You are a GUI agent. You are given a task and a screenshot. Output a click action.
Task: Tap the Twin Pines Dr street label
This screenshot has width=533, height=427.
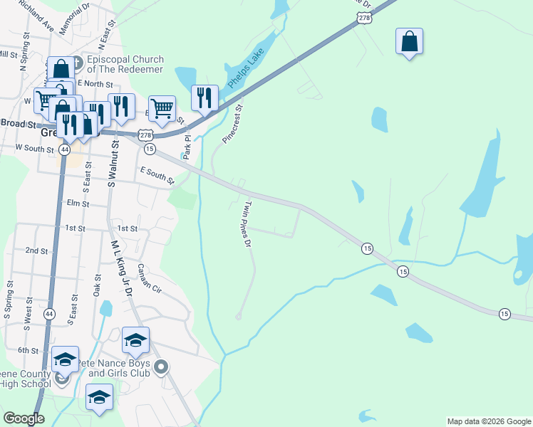coord(249,224)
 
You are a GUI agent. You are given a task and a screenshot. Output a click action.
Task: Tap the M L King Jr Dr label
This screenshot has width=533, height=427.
coord(119,265)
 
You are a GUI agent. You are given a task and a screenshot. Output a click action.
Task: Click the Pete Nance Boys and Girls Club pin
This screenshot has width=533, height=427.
coord(161,367)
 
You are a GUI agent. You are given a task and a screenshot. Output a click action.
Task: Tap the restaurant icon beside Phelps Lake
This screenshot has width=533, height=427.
coord(205,97)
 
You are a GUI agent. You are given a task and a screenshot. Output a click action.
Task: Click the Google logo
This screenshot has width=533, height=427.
coord(24,418)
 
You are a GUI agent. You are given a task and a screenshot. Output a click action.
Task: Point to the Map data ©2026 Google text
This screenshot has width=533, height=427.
coord(488,421)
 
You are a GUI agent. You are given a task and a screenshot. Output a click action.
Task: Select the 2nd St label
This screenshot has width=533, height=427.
coord(36,251)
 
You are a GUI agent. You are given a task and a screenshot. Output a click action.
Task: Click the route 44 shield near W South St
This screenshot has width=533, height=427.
coord(65,150)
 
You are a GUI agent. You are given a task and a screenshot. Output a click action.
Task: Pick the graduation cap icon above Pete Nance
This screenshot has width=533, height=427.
coord(135,340)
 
